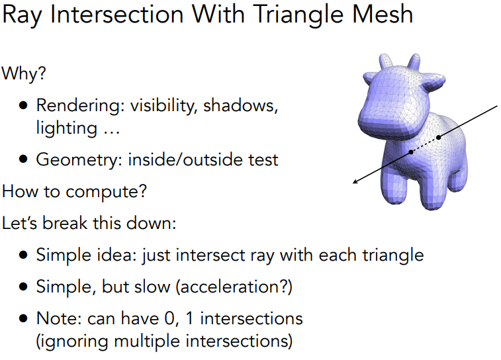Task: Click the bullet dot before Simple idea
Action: (x=24, y=255)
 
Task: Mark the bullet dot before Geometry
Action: (x=24, y=160)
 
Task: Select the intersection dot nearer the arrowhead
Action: (x=411, y=152)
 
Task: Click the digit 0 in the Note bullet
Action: (x=174, y=319)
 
